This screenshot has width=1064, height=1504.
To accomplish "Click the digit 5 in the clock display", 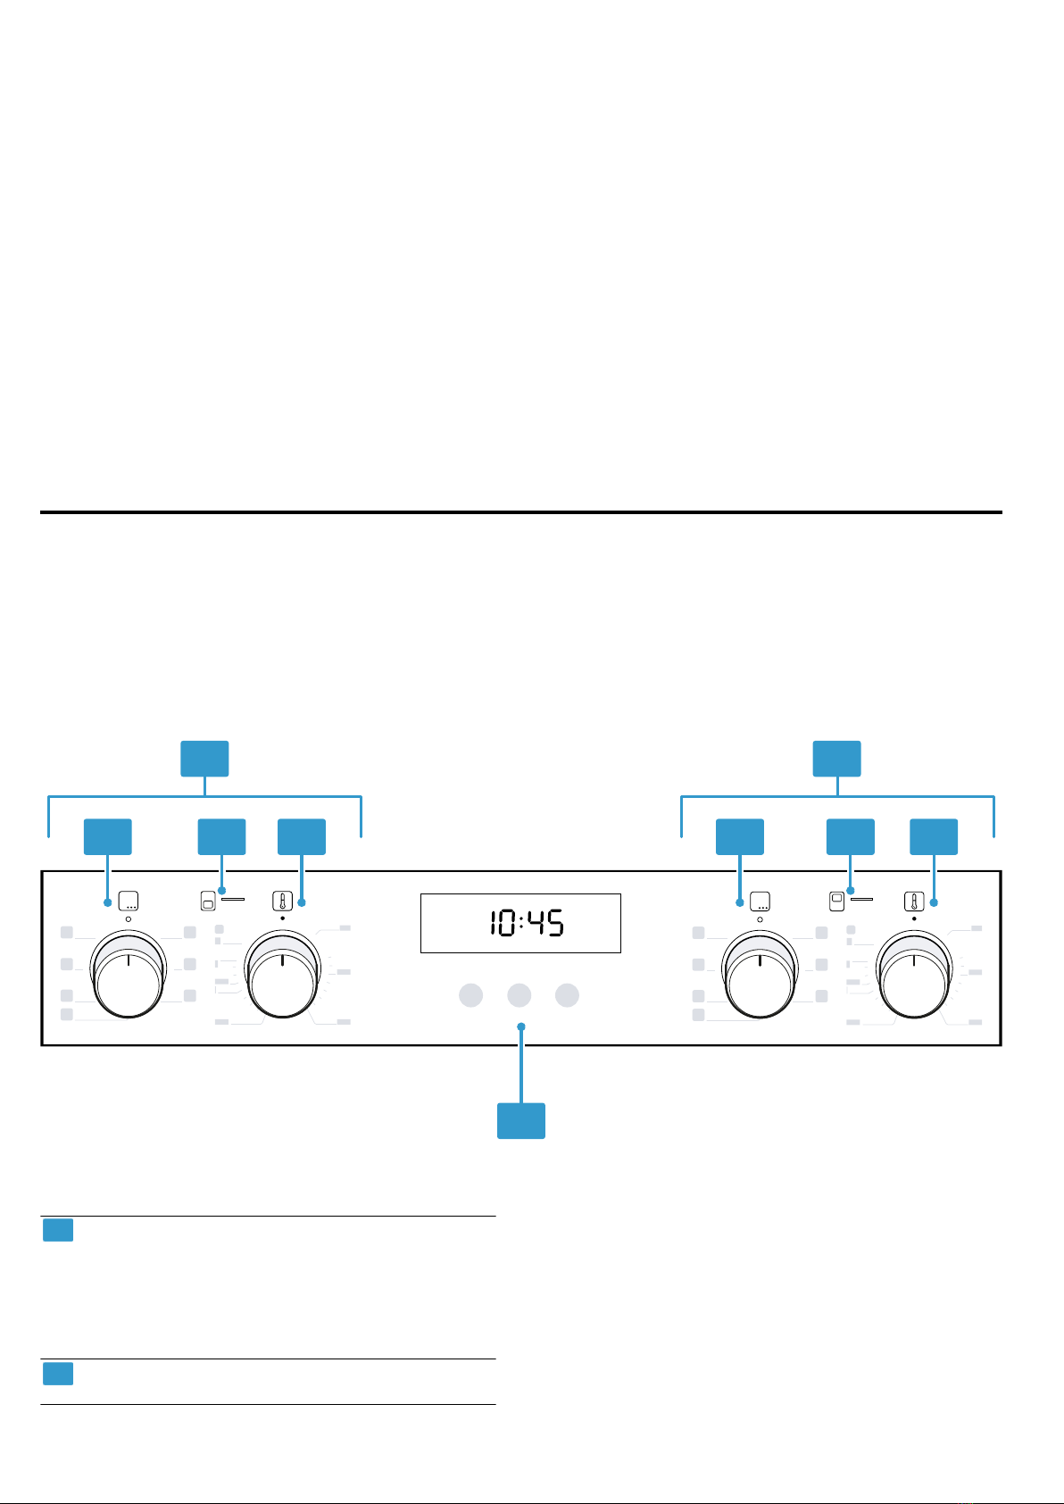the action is point(555,923).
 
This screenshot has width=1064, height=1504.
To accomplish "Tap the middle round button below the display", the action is point(519,995).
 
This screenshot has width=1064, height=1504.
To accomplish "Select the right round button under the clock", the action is point(567,995).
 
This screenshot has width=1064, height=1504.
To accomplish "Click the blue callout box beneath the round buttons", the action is point(521,1120).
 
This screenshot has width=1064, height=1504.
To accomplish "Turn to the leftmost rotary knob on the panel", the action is point(129,974).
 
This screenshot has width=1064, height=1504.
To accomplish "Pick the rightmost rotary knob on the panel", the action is point(914,974).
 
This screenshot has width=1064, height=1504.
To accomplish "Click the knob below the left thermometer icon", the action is point(283,974).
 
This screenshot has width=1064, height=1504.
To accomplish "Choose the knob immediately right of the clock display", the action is point(760,974).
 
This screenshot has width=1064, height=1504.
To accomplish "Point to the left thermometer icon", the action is point(283,901).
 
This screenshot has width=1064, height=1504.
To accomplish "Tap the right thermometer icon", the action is point(914,901).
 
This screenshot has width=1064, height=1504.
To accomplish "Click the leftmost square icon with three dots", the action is point(129,901).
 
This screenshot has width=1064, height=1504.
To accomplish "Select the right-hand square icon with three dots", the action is point(760,901).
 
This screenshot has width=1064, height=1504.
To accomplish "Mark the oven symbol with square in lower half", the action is point(208,901).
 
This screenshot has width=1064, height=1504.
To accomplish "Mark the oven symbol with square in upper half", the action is point(836,901).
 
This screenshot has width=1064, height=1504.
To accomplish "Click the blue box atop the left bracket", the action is point(204,759).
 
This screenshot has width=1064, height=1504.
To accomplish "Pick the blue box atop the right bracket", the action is point(837,759).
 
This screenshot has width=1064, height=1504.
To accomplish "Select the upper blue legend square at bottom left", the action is point(58,1230).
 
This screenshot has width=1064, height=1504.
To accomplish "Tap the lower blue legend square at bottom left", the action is point(58,1373).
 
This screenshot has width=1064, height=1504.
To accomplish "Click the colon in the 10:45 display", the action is point(521,923).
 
